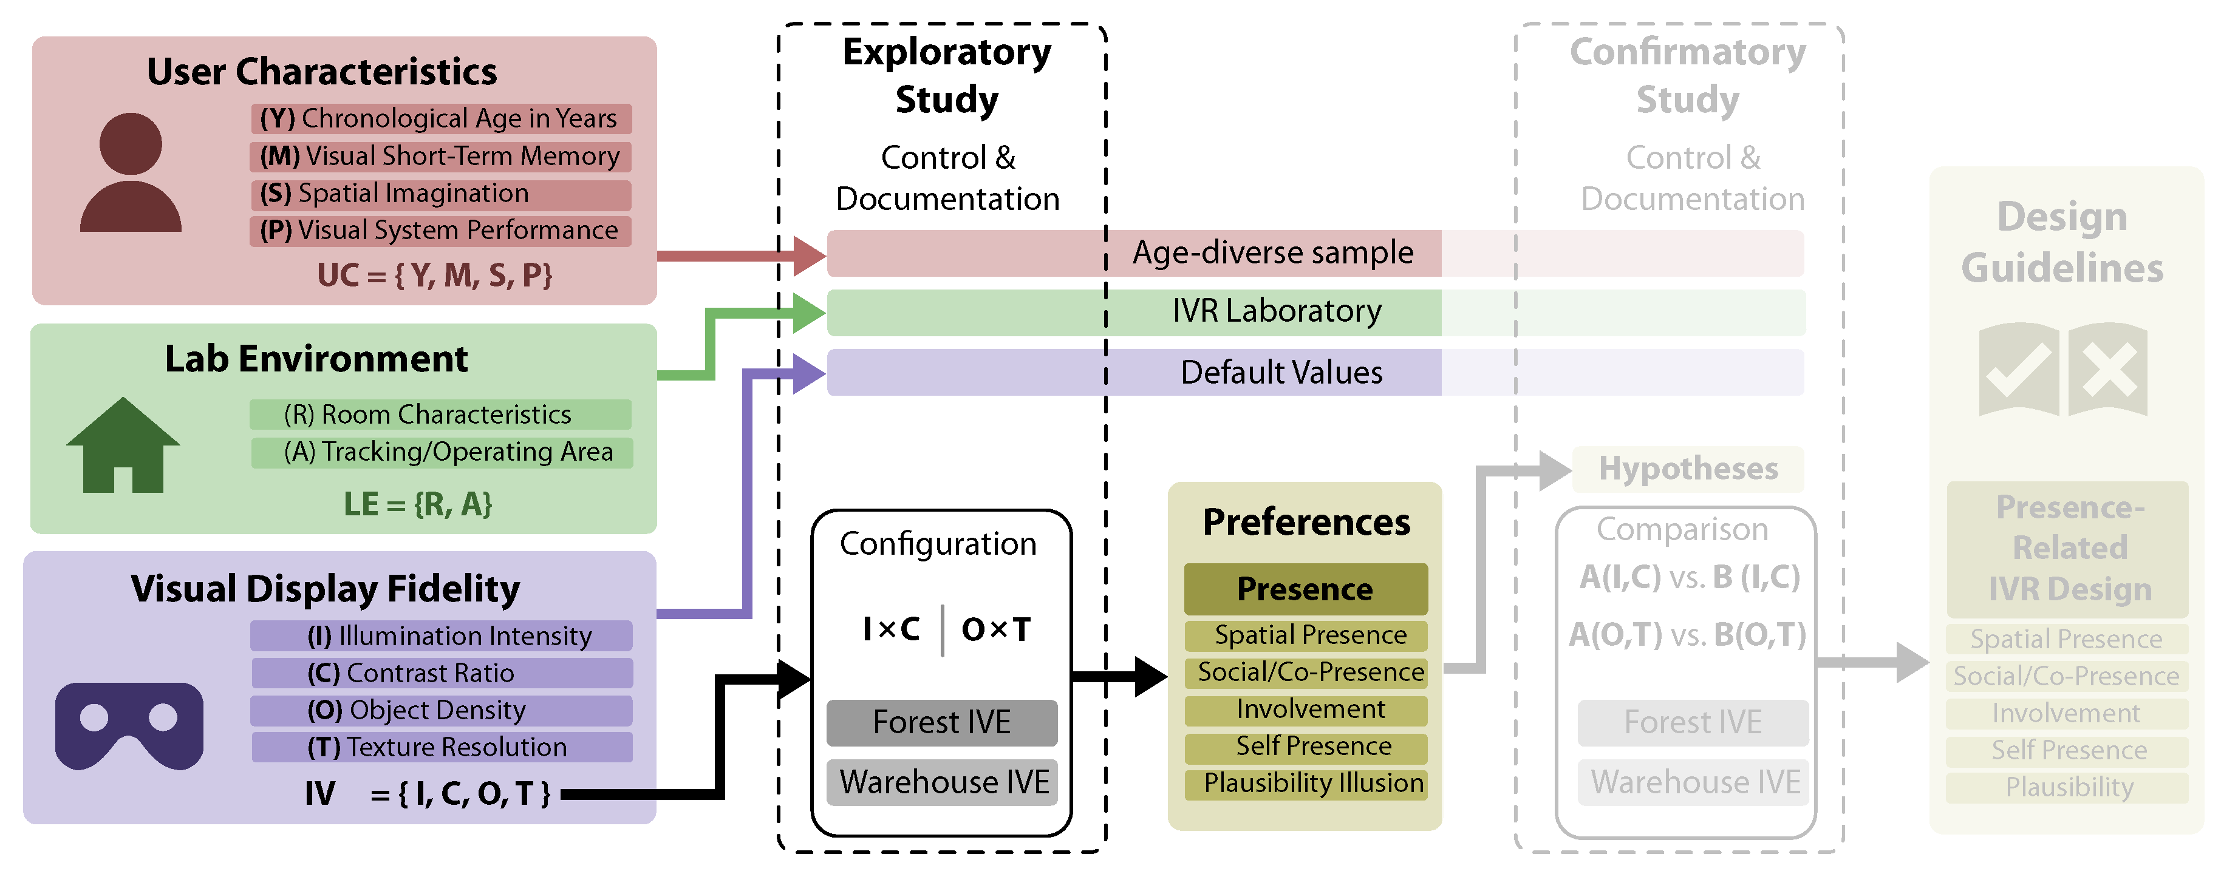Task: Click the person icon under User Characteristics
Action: (x=130, y=172)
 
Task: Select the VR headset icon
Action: (x=129, y=724)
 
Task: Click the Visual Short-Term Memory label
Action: (x=440, y=157)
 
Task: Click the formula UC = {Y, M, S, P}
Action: (x=435, y=276)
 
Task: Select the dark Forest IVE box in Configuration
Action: (x=941, y=722)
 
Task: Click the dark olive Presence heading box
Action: (x=1305, y=589)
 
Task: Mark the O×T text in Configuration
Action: (x=996, y=630)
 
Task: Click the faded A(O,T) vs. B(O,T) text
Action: (x=1687, y=636)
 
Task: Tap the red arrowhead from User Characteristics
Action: (x=809, y=256)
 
